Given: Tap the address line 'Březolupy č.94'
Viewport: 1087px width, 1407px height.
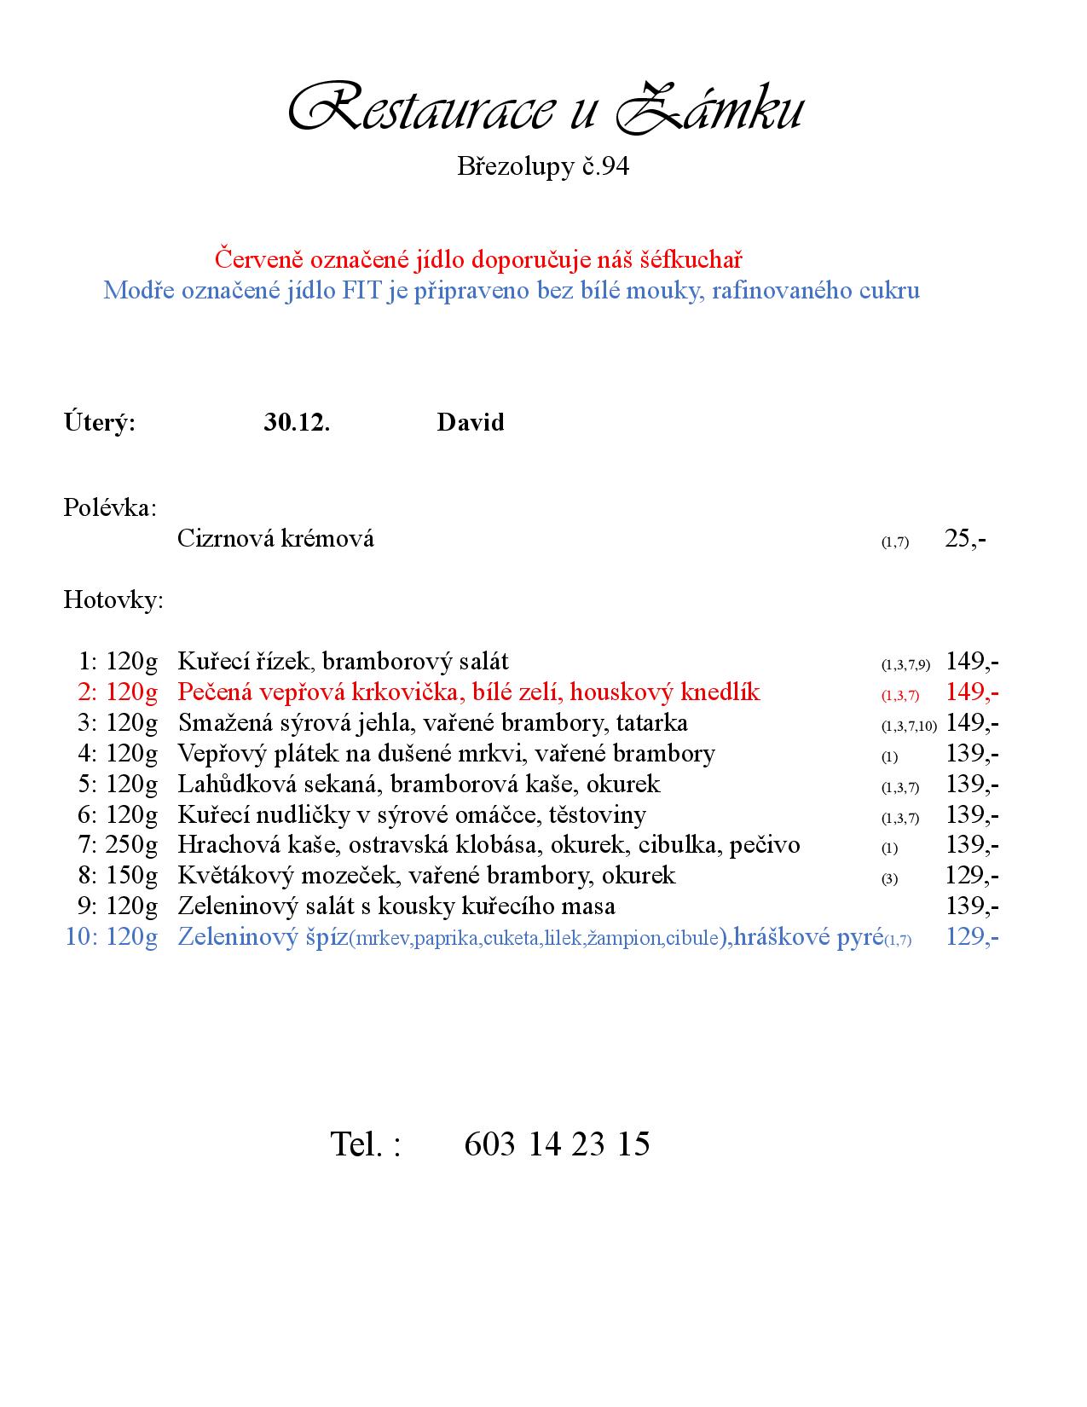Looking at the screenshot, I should [x=543, y=166].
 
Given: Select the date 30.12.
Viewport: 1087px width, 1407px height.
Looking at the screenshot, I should [x=297, y=422].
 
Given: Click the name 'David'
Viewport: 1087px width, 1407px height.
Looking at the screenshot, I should [x=470, y=422].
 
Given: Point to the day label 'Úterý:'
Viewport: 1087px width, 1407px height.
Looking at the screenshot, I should [x=99, y=422].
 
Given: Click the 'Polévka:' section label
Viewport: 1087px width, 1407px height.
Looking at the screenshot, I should [x=110, y=508].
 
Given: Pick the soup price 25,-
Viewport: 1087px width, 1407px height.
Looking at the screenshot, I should [x=965, y=539].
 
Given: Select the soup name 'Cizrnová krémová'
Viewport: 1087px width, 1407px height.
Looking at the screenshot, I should [x=275, y=539].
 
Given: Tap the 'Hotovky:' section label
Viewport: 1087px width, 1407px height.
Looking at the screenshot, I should [x=113, y=600].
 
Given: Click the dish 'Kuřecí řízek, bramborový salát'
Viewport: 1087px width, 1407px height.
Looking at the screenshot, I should [x=343, y=662].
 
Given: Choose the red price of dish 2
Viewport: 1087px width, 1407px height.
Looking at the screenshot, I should [x=972, y=692].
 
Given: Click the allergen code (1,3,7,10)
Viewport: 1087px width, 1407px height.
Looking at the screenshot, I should [x=909, y=726].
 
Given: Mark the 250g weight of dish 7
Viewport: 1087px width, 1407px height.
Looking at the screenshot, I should [x=132, y=845].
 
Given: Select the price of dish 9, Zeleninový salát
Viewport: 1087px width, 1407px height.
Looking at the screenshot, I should [x=972, y=906].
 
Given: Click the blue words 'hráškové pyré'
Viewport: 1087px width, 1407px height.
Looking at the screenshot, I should [x=807, y=937].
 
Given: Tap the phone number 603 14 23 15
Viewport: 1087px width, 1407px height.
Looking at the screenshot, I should [x=557, y=1144].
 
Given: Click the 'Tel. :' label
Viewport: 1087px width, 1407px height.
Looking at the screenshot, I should [x=365, y=1144].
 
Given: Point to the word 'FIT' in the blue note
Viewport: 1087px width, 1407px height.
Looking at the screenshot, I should [x=361, y=291].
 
